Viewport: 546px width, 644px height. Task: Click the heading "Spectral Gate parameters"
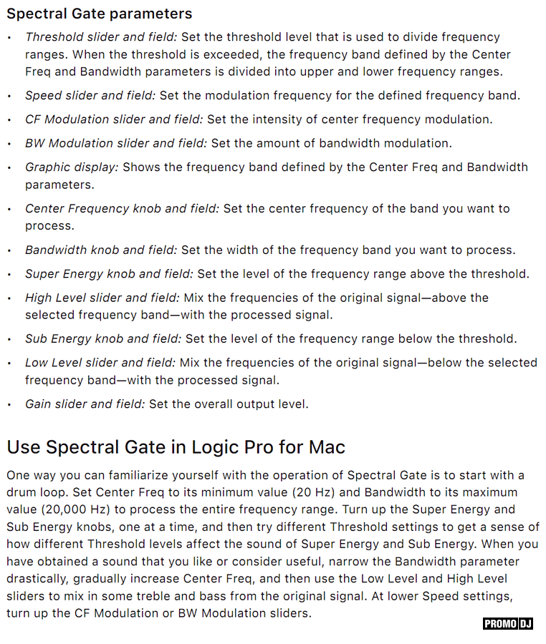[x=100, y=14]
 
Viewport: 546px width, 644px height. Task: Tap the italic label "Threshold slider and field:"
[x=101, y=36]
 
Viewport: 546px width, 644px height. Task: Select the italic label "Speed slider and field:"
[x=90, y=95]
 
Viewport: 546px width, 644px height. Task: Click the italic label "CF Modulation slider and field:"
[x=114, y=119]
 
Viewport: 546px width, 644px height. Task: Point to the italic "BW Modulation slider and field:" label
[x=116, y=143]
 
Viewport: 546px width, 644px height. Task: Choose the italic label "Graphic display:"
[x=72, y=167]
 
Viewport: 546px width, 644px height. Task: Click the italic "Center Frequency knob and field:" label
[x=122, y=208]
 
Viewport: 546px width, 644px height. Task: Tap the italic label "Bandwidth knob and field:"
[x=101, y=250]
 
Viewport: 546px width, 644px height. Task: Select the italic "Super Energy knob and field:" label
[x=109, y=273]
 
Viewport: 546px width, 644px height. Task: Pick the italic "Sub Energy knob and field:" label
[x=103, y=338]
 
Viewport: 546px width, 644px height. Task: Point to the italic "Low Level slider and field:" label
[x=100, y=362]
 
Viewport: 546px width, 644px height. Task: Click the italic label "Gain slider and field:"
[x=85, y=404]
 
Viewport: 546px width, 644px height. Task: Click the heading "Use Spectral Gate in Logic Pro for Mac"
[x=176, y=447]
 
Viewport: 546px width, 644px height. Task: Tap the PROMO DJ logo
[x=508, y=623]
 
